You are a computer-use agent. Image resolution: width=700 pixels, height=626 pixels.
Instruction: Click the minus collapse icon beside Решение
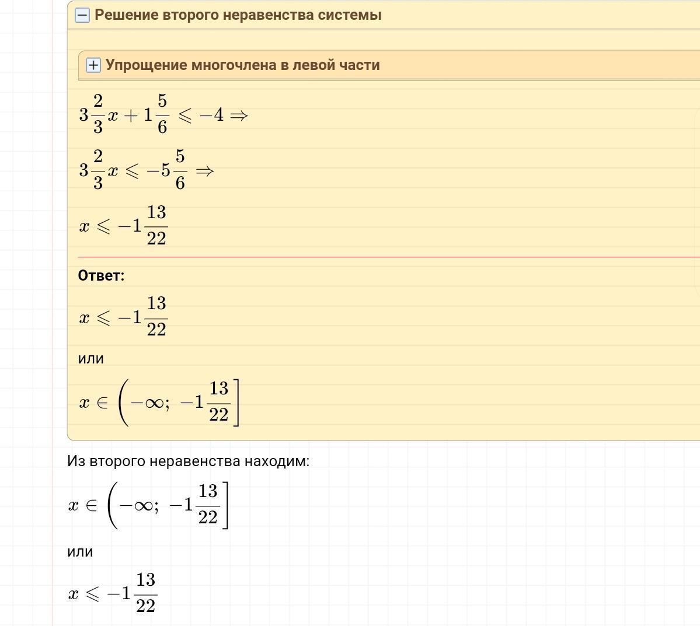(82, 16)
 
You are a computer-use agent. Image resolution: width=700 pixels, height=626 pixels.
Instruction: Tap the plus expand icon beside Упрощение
(93, 65)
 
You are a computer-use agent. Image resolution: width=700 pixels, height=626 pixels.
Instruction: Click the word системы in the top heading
(350, 15)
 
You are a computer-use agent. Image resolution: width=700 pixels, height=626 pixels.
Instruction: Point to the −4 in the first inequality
(212, 116)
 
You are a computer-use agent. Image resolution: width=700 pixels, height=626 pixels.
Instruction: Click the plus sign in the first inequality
(130, 116)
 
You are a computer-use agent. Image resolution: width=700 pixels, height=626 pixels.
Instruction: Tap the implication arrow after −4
(239, 116)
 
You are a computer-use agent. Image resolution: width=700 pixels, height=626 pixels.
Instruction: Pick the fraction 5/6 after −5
(180, 170)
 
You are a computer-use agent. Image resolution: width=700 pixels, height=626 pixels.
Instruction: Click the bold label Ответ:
(101, 276)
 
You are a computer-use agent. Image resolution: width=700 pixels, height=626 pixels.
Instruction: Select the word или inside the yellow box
(90, 359)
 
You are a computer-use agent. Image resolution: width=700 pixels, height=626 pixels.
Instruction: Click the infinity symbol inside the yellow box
(154, 403)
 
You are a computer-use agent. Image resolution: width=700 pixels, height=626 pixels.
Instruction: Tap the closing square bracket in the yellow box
(236, 403)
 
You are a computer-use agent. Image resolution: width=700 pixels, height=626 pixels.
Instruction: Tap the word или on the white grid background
(80, 552)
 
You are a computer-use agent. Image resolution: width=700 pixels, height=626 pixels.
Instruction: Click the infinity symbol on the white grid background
(143, 505)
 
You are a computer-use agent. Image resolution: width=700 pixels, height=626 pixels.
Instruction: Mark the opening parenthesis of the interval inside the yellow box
(121, 403)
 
